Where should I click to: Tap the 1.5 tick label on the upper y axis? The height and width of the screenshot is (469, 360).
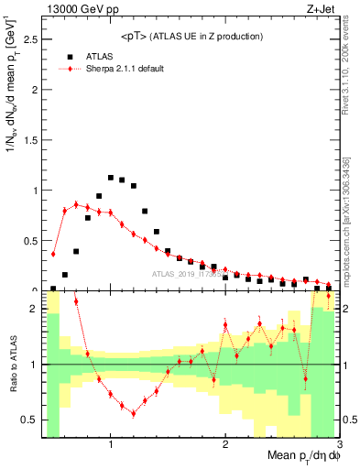click(29, 140)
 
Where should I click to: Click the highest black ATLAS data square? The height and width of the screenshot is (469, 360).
click(111, 178)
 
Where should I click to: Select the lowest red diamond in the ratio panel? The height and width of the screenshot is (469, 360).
click(134, 413)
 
